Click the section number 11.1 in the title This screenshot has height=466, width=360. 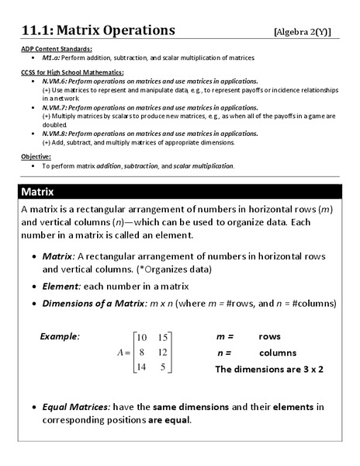(37, 30)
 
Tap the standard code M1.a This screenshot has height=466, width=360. (51, 57)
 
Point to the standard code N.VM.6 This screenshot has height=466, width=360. (57, 81)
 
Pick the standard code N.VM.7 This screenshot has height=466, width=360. (57, 107)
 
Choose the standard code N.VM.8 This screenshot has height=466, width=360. (57, 134)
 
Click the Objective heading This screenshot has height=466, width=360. (36, 157)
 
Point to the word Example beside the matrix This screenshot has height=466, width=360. (60, 336)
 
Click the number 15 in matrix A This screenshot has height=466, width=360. (162, 337)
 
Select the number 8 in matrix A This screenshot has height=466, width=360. (142, 352)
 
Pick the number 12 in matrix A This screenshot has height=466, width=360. (162, 352)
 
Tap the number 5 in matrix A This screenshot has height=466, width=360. (163, 367)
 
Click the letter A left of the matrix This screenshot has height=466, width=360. (120, 352)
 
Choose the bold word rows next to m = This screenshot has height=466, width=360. (270, 336)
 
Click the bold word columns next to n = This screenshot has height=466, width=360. (277, 353)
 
